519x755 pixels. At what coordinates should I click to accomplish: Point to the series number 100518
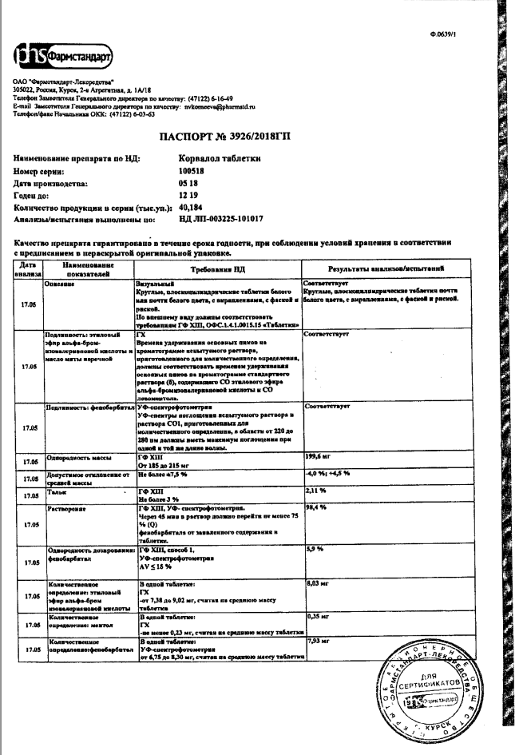[192, 171]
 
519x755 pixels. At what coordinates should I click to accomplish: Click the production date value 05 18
[188, 182]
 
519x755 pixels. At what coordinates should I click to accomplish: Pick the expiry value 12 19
[188, 194]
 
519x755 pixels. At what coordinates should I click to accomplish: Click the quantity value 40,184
[192, 205]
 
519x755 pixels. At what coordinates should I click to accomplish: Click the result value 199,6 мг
[319, 457]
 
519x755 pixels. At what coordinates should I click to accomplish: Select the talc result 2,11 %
[316, 491]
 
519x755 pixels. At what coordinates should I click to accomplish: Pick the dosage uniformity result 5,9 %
[315, 550]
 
